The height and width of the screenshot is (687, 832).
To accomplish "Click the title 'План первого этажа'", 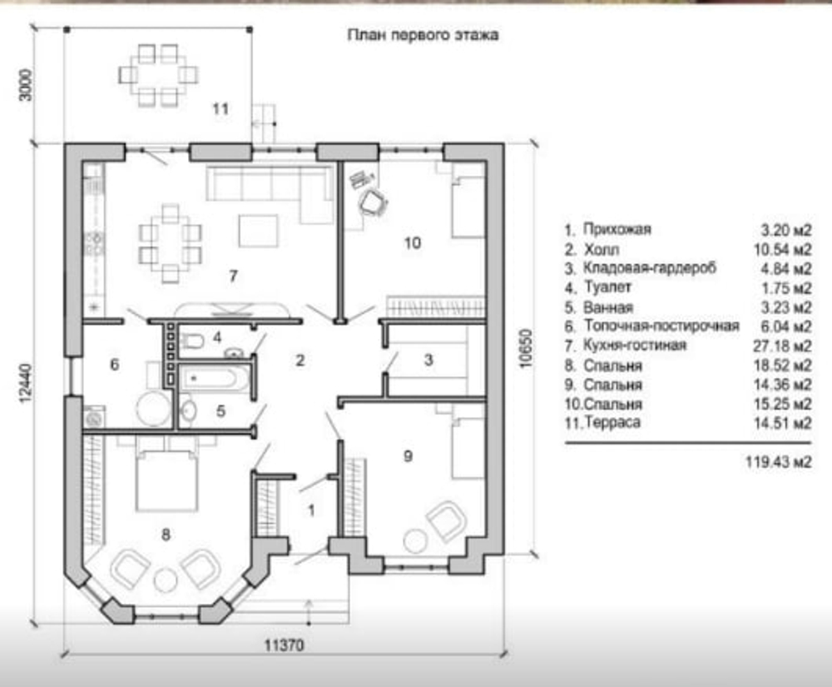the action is [x=423, y=35].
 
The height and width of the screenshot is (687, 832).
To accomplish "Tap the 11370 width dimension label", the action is [x=285, y=645].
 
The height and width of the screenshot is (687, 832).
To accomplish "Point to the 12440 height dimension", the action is [x=27, y=383].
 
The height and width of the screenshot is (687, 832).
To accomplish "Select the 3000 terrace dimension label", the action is [x=26, y=85].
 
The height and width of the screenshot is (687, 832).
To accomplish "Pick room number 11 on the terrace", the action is [x=220, y=109].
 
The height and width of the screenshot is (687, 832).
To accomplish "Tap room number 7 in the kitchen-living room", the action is [x=233, y=276].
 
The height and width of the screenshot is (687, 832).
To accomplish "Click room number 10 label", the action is [x=413, y=243].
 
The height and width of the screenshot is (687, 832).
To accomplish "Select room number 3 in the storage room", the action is [x=428, y=360].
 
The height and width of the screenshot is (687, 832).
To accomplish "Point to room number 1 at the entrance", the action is [x=311, y=510].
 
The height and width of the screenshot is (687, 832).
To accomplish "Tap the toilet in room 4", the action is [x=192, y=341].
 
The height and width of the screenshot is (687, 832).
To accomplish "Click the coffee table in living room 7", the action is [x=259, y=231].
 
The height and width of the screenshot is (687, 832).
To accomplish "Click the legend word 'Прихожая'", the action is [x=617, y=229].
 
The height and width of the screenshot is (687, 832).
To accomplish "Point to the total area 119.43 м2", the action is [x=779, y=462].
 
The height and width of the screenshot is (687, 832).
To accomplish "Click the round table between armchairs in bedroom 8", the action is [x=166, y=580].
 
